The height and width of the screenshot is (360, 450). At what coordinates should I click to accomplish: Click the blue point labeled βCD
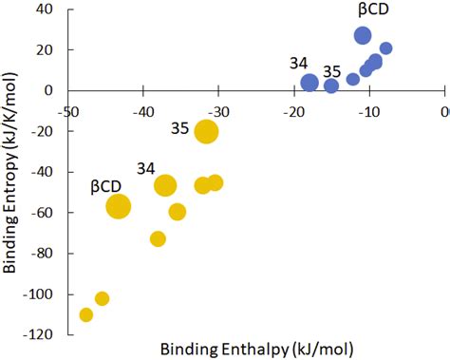pyautogui.click(x=363, y=36)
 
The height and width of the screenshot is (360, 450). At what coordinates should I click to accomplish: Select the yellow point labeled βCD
pyautogui.click(x=118, y=206)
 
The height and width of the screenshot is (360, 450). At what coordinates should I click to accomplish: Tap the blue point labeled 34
pyautogui.click(x=309, y=83)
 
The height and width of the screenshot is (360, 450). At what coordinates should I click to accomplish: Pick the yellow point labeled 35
pyautogui.click(x=206, y=132)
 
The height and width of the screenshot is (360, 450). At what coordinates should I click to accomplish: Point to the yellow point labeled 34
pyautogui.click(x=165, y=185)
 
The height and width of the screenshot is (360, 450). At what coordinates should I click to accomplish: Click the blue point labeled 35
pyautogui.click(x=331, y=85)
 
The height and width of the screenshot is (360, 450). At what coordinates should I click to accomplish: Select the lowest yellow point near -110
pyautogui.click(x=86, y=314)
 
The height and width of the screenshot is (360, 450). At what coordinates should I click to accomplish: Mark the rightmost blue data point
pyautogui.click(x=385, y=48)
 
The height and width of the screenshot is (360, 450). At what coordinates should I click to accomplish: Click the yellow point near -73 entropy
pyautogui.click(x=158, y=238)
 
